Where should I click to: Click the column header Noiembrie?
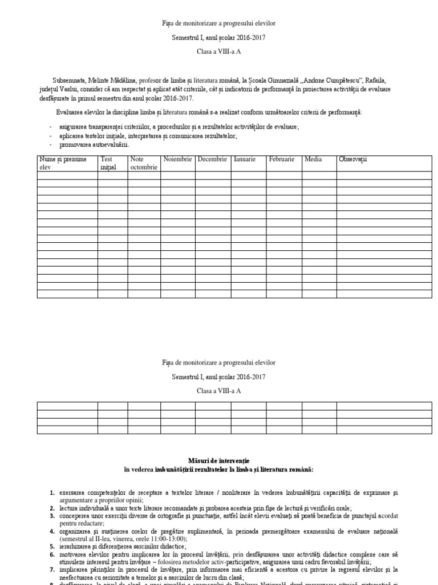(x=177, y=159)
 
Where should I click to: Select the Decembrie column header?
(x=212, y=159)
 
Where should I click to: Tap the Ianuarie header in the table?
(x=245, y=159)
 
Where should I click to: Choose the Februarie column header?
(x=282, y=159)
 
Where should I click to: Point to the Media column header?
(x=313, y=159)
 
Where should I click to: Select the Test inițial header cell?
(x=108, y=163)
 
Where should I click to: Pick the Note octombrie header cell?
(x=142, y=163)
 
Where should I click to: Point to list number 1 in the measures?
(x=52, y=492)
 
